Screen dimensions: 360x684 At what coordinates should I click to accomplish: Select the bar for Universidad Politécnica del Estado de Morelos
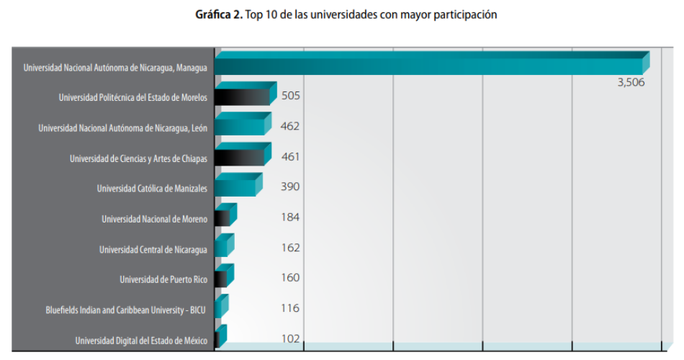pyautogui.click(x=243, y=96)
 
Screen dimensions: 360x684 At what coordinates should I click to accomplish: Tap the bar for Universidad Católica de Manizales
pyautogui.click(x=235, y=187)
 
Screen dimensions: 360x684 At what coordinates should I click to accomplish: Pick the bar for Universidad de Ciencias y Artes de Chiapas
pyautogui.click(x=240, y=157)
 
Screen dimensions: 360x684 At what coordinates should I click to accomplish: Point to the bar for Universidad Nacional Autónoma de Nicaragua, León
pyautogui.click(x=240, y=127)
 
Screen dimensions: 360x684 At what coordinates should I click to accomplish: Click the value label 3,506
pyautogui.click(x=631, y=82)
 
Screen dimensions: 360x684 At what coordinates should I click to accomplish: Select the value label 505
pyautogui.click(x=290, y=96)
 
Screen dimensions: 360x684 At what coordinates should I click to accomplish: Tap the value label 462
pyautogui.click(x=290, y=126)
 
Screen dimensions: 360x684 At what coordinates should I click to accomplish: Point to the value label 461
pyautogui.click(x=290, y=156)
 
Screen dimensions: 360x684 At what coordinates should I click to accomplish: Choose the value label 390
pyautogui.click(x=290, y=186)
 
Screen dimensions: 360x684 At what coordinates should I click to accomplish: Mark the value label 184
pyautogui.click(x=290, y=217)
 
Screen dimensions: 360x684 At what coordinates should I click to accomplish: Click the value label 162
pyautogui.click(x=290, y=247)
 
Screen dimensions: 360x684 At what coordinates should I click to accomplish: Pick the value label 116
pyautogui.click(x=290, y=307)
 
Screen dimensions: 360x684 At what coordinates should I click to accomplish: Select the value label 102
pyautogui.click(x=290, y=338)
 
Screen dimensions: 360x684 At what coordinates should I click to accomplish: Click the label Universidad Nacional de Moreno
pyautogui.click(x=154, y=219)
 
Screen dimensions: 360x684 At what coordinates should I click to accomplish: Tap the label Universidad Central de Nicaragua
pyautogui.click(x=153, y=250)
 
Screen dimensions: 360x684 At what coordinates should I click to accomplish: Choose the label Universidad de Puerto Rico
pyautogui.click(x=163, y=279)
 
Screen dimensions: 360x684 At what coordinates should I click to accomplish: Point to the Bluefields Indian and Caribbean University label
pyautogui.click(x=126, y=310)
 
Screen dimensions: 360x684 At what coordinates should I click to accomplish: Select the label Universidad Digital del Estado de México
pyautogui.click(x=141, y=341)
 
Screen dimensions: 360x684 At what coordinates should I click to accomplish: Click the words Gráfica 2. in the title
pyautogui.click(x=218, y=14)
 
